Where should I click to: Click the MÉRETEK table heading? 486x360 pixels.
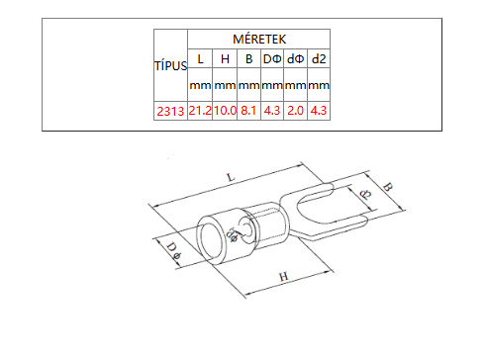click(x=259, y=40)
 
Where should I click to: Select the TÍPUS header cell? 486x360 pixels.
click(x=171, y=66)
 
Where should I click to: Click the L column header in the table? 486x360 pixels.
click(x=200, y=59)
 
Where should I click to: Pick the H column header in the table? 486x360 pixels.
click(x=225, y=59)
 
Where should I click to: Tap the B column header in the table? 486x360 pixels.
click(x=249, y=59)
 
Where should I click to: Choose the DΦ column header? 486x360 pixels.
click(x=272, y=59)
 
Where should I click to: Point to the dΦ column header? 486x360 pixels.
click(x=295, y=59)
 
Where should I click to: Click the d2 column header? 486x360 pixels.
click(x=319, y=59)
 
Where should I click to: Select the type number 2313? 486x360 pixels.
click(x=170, y=112)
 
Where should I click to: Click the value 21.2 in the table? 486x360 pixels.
click(x=200, y=111)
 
